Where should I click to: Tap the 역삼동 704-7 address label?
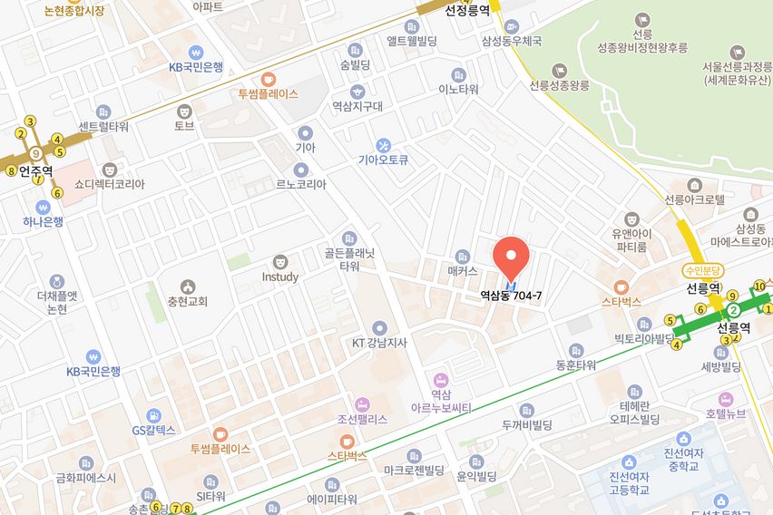point(510,296)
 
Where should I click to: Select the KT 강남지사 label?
point(379,343)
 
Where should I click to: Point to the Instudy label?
point(280,277)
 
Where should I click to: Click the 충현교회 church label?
point(187,301)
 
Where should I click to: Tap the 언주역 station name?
point(36,170)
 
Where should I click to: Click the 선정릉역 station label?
point(467,11)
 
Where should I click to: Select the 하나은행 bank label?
point(44,221)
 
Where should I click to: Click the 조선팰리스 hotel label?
point(362,419)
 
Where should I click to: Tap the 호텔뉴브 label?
point(725,413)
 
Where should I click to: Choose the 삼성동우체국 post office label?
point(512,41)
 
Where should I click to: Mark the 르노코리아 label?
point(301,183)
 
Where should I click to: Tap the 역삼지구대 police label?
point(357,105)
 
